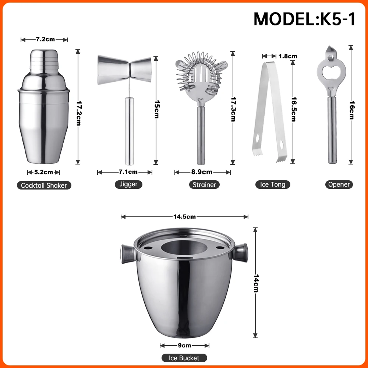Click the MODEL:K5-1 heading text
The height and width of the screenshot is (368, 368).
[304, 19]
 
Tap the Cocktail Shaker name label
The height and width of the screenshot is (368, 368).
[44, 185]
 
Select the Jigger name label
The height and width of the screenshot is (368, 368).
[128, 184]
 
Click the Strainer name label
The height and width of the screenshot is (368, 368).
[204, 185]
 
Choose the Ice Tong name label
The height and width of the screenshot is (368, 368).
[273, 185]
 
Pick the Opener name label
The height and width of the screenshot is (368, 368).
[339, 185]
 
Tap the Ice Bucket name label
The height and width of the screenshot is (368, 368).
[184, 358]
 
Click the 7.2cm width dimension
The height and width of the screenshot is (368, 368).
[45, 39]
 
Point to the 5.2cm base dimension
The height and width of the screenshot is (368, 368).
[43, 172]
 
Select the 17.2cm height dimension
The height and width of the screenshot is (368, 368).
[78, 107]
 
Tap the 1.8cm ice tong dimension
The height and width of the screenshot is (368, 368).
[287, 56]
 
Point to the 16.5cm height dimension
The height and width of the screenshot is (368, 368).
[293, 109]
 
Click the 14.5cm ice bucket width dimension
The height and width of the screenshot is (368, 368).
[184, 217]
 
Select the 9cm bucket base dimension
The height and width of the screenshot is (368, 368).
[185, 345]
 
